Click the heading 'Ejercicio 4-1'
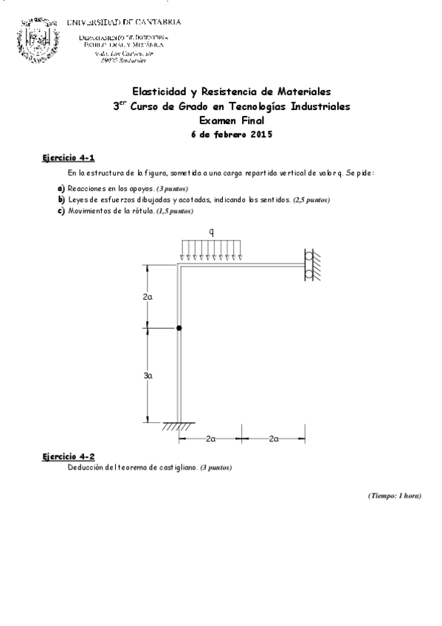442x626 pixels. pyautogui.click(x=68, y=159)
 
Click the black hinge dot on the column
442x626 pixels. pyautogui.click(x=179, y=327)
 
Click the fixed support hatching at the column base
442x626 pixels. pyautogui.click(x=178, y=426)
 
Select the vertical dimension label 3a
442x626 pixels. pyautogui.click(x=148, y=375)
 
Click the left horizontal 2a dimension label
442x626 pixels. pyautogui.click(x=210, y=439)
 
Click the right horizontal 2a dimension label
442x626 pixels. pyautogui.click(x=274, y=439)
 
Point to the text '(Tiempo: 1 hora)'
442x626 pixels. pyautogui.click(x=394, y=495)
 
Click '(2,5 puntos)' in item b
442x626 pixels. pyautogui.click(x=311, y=200)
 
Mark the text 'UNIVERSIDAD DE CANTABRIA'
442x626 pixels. pyautogui.click(x=123, y=22)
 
